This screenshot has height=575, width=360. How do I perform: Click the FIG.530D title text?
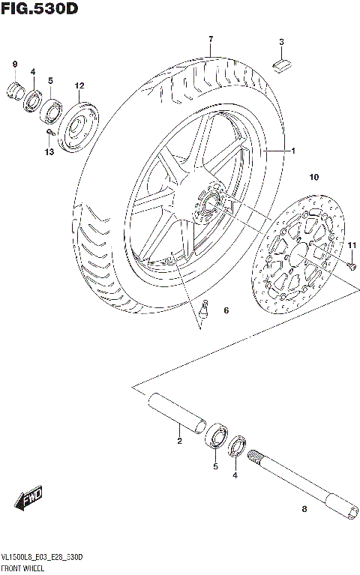click(40, 8)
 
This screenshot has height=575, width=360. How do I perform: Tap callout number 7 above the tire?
click(211, 39)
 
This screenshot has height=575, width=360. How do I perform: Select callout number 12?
click(79, 86)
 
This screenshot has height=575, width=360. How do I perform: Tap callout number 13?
click(49, 153)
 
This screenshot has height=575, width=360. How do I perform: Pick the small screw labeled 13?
click(49, 134)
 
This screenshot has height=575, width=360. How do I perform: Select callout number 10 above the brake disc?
click(313, 177)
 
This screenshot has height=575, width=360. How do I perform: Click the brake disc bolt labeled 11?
click(352, 264)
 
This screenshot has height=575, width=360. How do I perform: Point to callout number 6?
click(225, 310)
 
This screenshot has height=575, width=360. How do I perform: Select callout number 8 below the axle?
click(304, 510)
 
